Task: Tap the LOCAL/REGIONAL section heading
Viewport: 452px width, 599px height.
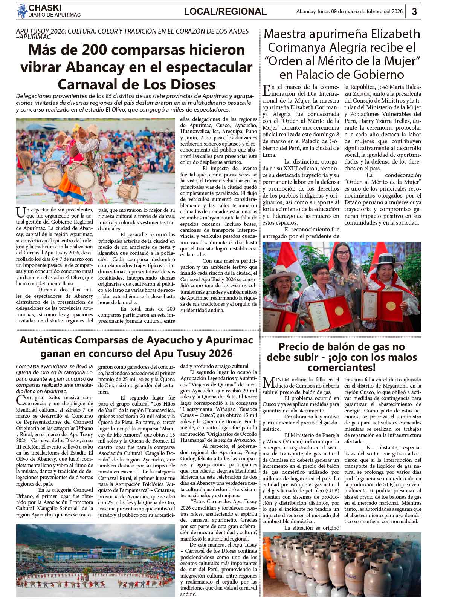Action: (225, 12)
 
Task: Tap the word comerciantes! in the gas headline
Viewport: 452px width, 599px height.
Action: (341, 367)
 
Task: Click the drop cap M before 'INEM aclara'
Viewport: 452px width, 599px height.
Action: (269, 382)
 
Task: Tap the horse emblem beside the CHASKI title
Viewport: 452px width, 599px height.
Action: (22, 11)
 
